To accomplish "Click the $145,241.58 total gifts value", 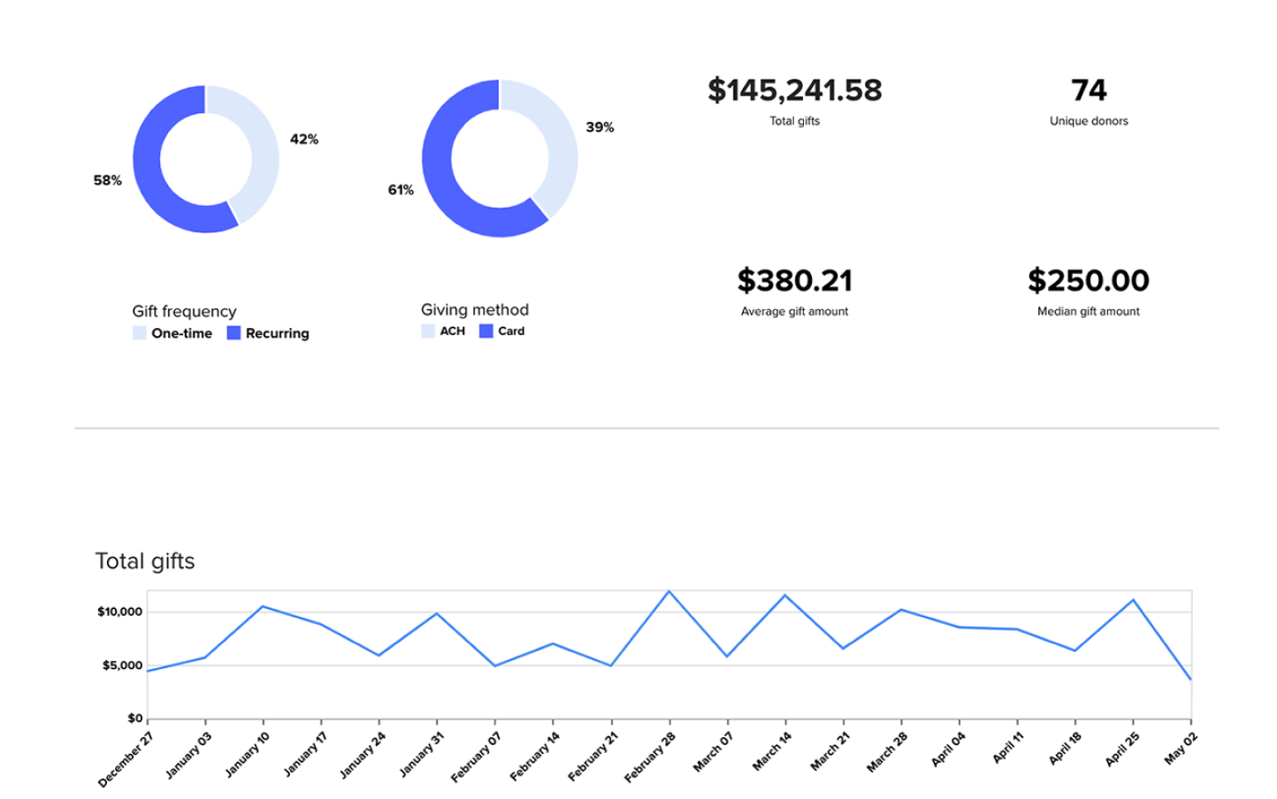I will [x=794, y=90].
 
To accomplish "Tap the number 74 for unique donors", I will [x=1089, y=90].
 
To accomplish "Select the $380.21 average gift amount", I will [x=794, y=281].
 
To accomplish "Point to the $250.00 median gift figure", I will [x=1088, y=281].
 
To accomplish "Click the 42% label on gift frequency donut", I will [x=304, y=140].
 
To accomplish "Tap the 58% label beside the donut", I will [x=107, y=180].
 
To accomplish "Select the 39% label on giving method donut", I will [x=600, y=127].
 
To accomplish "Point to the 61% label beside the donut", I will [x=401, y=190].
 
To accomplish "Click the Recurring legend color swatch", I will [x=233, y=333].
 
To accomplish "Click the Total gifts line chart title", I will [x=145, y=561].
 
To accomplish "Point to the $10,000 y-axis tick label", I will [x=119, y=612].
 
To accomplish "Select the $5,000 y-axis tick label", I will [x=122, y=666].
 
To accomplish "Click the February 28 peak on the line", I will [x=669, y=591].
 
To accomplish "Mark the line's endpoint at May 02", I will [x=1190, y=679].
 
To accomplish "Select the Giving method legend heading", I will [x=475, y=310].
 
